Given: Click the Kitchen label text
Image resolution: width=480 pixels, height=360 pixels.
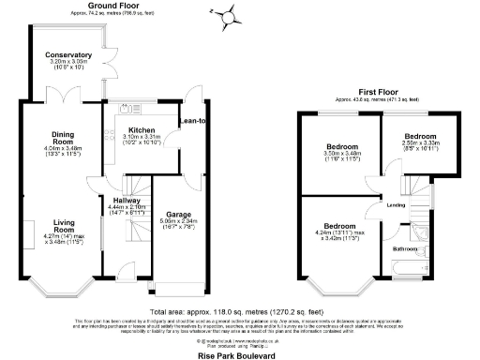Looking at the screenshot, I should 141,130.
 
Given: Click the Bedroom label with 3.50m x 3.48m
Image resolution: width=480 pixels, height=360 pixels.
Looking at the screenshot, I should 338,146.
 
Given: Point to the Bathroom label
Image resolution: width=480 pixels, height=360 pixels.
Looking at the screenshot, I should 405,248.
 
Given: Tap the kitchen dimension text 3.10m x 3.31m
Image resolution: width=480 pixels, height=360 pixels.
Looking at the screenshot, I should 142,138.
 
